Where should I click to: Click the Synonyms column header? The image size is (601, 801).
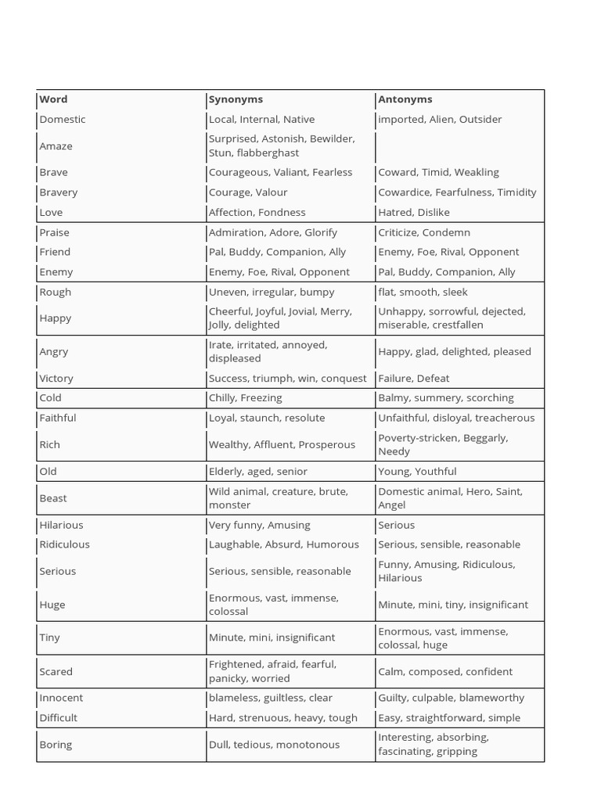click(x=236, y=99)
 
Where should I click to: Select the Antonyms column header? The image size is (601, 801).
click(x=405, y=99)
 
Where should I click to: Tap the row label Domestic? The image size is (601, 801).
click(x=63, y=119)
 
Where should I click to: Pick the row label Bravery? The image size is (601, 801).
click(x=59, y=192)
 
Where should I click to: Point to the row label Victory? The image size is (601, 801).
click(x=56, y=378)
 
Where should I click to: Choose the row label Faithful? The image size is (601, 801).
click(x=58, y=418)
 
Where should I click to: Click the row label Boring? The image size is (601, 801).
click(x=56, y=744)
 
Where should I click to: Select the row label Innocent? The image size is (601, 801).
click(x=61, y=698)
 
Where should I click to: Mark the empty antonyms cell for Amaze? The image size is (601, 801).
click(x=459, y=145)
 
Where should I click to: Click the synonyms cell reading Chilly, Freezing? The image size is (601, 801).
click(x=245, y=397)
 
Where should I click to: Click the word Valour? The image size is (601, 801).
click(x=272, y=192)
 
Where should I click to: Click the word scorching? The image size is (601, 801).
click(x=489, y=397)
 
